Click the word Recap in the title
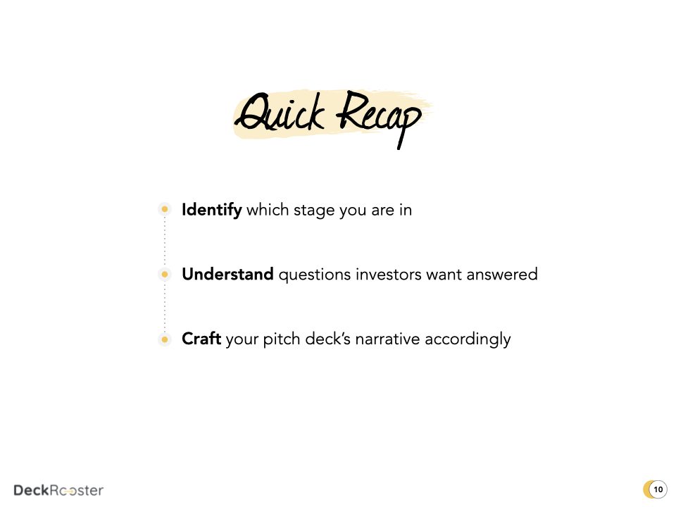[377, 117]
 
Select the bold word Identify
[211, 210]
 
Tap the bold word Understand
[227, 275]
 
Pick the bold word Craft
[201, 339]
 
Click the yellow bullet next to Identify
[165, 209]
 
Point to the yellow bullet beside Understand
[165, 274]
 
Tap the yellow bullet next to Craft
[165, 339]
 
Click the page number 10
[658, 489]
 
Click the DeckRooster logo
[58, 490]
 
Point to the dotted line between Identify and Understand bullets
[165, 242]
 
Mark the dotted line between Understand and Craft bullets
[165, 307]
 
